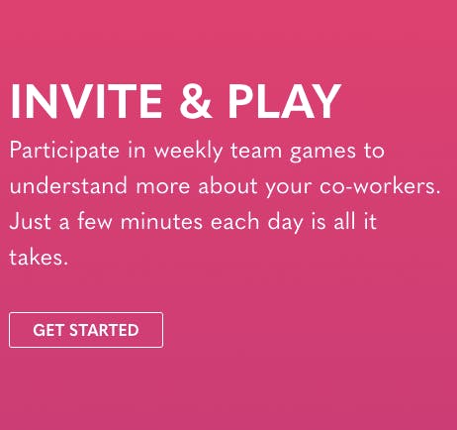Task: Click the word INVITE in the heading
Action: click(x=86, y=101)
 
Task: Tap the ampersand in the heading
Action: click(x=195, y=101)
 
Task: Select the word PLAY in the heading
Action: click(x=284, y=101)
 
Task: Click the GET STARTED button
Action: click(x=86, y=330)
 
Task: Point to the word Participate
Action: click(x=64, y=151)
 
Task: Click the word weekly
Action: click(x=189, y=151)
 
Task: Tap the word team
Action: click(x=256, y=152)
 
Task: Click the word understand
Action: click(x=68, y=185)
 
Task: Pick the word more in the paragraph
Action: click(x=163, y=187)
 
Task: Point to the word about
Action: click(x=228, y=185)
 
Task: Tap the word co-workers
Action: click(x=380, y=185)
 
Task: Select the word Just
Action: click(x=31, y=221)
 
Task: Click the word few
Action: click(x=95, y=221)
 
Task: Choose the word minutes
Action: click(x=161, y=221)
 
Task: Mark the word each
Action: click(x=234, y=221)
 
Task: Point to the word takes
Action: click(x=39, y=257)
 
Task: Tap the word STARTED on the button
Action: click(x=104, y=330)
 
